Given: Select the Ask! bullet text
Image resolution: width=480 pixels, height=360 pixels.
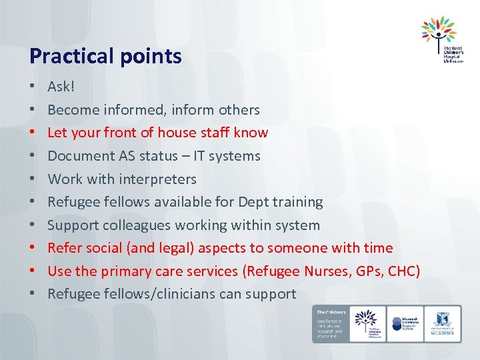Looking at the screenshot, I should click(x=61, y=86).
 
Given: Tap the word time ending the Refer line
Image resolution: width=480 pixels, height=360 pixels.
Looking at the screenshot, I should click(x=377, y=248).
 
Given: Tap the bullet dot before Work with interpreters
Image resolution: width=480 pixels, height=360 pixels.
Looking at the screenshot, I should click(x=32, y=179).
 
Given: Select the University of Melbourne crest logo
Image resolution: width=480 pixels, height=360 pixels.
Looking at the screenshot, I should click(x=442, y=323).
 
